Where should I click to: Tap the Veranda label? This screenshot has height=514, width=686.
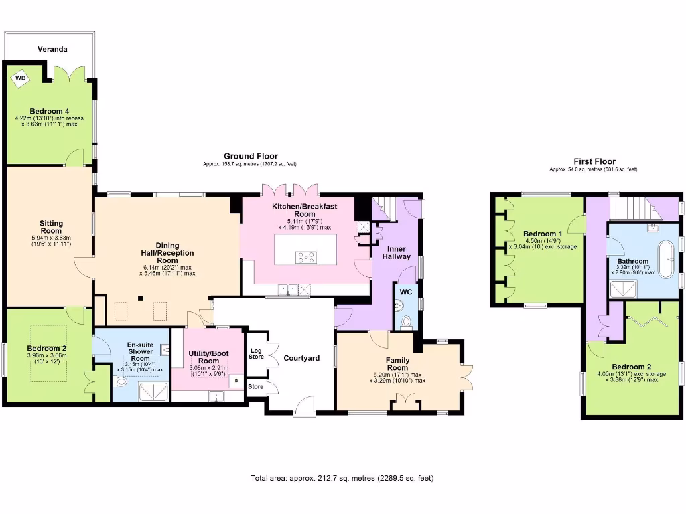point(52,50)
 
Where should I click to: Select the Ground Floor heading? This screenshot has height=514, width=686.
point(251,156)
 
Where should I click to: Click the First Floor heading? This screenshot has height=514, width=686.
point(594,161)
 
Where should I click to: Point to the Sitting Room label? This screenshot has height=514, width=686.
point(51,227)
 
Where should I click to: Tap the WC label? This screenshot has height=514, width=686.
point(405,292)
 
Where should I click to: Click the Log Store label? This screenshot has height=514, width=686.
point(256,353)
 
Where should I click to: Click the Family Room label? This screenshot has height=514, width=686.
point(397,364)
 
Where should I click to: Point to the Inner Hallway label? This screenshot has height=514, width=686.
point(395,253)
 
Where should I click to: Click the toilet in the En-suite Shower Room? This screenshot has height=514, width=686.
point(119,381)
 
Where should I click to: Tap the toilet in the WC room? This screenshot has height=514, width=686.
point(404,322)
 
